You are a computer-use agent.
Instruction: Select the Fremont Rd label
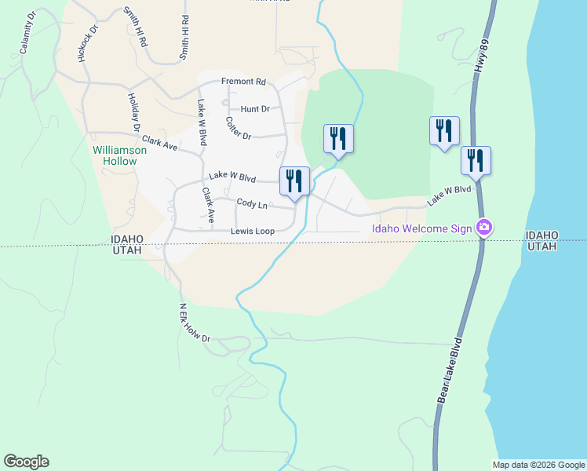click(243, 82)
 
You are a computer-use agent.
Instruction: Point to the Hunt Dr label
click(255, 109)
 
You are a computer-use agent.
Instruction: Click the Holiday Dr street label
click(133, 111)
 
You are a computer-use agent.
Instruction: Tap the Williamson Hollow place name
click(115, 155)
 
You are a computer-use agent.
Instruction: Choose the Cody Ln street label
click(252, 204)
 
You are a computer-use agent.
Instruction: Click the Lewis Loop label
click(252, 232)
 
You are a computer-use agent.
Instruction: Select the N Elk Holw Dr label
click(195, 323)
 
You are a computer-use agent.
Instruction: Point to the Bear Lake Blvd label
click(450, 371)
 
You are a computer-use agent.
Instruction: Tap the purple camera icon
click(484, 228)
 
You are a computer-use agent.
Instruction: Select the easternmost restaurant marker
click(476, 160)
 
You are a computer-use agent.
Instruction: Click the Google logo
click(26, 462)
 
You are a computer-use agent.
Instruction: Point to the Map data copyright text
click(538, 465)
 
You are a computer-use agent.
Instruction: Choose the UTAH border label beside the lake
click(541, 246)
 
